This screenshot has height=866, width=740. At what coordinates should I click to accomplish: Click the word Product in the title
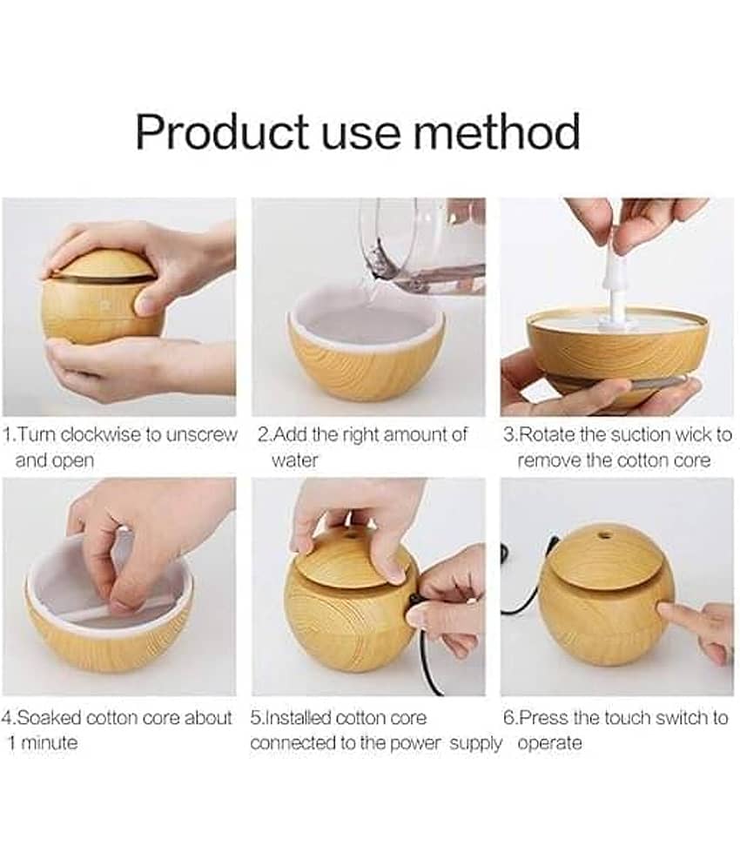(222, 131)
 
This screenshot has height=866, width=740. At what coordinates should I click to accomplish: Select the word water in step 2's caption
(294, 460)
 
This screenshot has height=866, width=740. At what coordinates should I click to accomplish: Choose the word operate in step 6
(550, 742)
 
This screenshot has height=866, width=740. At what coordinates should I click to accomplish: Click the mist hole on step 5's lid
(349, 535)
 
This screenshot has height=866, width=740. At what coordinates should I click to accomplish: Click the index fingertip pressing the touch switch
(663, 611)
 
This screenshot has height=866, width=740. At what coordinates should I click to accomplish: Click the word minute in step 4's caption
(49, 742)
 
